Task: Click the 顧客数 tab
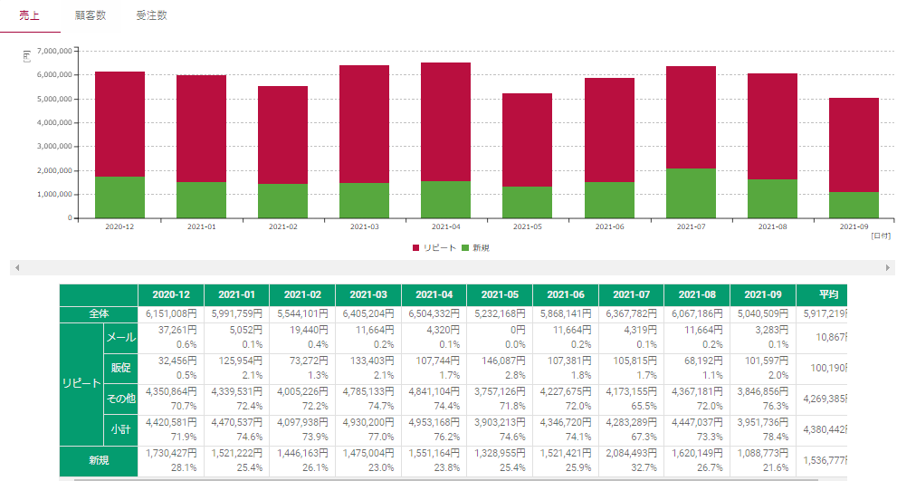[x=90, y=15]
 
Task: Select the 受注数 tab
[x=151, y=15]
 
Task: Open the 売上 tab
[x=29, y=15]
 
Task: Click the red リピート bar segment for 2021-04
[x=445, y=121]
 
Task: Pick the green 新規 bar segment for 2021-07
[x=691, y=193]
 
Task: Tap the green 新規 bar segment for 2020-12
[x=119, y=197]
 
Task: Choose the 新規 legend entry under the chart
[x=475, y=247]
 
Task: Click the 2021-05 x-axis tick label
[x=528, y=227]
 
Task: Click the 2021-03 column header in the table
[x=368, y=295]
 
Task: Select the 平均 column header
[x=827, y=295]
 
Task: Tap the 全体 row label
[x=99, y=313]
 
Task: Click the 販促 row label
[x=121, y=368]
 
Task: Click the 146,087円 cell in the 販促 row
[x=501, y=361]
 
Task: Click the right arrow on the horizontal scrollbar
[x=888, y=268]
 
